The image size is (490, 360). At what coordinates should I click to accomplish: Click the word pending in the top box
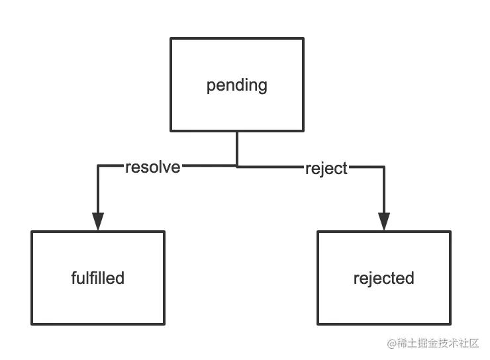[236, 85]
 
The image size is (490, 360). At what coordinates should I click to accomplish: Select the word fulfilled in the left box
[97, 277]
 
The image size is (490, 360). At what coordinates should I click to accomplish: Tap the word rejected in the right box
[383, 277]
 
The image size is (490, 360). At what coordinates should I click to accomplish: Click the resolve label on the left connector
[152, 167]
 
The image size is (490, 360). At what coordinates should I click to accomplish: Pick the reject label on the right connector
[326, 168]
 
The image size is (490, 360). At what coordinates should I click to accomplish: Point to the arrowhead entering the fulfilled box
[98, 222]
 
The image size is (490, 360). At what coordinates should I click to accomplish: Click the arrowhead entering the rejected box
[384, 222]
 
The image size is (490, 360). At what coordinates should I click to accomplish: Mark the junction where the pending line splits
[237, 165]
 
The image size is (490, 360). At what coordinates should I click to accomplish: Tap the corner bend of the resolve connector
[98, 165]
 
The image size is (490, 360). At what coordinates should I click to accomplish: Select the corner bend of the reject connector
[384, 167]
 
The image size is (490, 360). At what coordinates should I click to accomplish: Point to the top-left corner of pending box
[171, 38]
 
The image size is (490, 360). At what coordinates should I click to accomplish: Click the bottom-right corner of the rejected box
[450, 324]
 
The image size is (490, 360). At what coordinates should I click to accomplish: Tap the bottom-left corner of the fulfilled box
[32, 324]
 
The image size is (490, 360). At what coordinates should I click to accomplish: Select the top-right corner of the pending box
[303, 38]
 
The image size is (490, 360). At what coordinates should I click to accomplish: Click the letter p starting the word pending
[211, 87]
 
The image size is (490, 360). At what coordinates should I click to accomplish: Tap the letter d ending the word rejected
[410, 277]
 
